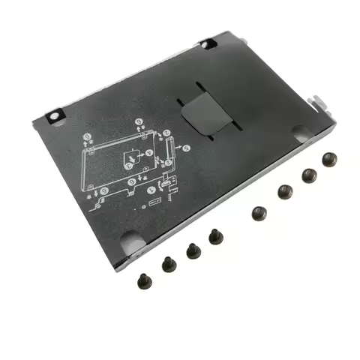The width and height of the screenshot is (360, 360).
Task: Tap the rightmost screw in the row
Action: [327, 159]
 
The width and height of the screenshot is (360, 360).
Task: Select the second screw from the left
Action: [166, 263]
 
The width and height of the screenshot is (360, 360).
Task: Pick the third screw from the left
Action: [193, 250]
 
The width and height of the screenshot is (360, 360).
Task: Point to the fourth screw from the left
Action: [215, 236]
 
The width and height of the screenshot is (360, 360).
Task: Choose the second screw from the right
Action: [306, 175]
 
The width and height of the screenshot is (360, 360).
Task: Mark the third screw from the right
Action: [283, 191]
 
